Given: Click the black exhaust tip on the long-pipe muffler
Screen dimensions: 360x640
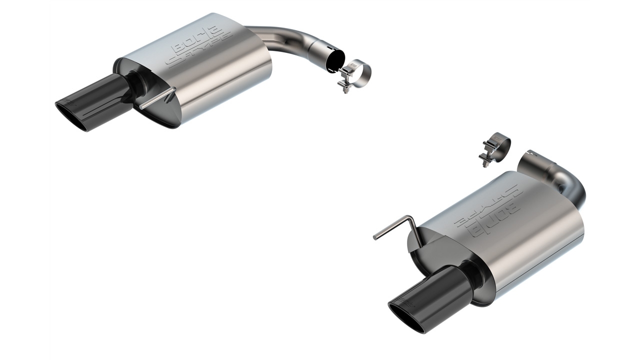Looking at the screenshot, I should tap(95, 102).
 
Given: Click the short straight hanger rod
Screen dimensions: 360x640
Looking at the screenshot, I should tap(157, 98).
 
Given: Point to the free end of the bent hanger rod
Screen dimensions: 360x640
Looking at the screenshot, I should tap(375, 237).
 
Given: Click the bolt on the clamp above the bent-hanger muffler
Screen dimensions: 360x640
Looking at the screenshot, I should tap(484, 157).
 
